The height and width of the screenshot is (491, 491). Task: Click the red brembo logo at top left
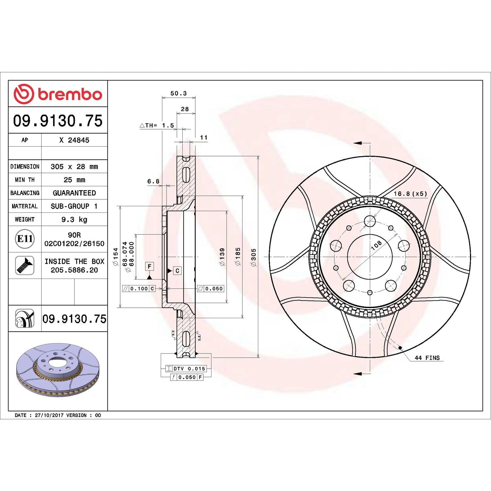58,94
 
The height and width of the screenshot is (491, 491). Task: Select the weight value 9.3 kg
74,219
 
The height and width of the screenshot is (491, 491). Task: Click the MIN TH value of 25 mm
74,180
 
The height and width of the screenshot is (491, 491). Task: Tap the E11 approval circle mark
25,239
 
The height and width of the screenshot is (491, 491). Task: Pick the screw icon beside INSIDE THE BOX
25,265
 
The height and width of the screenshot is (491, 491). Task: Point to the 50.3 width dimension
178,93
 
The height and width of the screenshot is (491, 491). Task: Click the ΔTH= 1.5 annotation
157,125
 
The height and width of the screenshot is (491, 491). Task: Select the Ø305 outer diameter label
253,257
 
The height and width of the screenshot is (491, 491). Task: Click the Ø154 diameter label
116,257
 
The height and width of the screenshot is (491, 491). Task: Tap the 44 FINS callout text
427,358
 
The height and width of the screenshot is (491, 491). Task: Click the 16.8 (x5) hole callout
410,193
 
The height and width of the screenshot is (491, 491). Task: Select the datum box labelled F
150,266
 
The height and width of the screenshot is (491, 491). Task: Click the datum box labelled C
177,271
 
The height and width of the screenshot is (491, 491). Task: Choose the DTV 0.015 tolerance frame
186,369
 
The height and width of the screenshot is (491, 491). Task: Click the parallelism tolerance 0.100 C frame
138,288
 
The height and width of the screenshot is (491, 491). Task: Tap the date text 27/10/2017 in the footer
49,415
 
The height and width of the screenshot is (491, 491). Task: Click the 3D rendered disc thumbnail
58,370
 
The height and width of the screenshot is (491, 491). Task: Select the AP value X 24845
74,140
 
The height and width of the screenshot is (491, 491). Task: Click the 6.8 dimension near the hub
153,181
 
